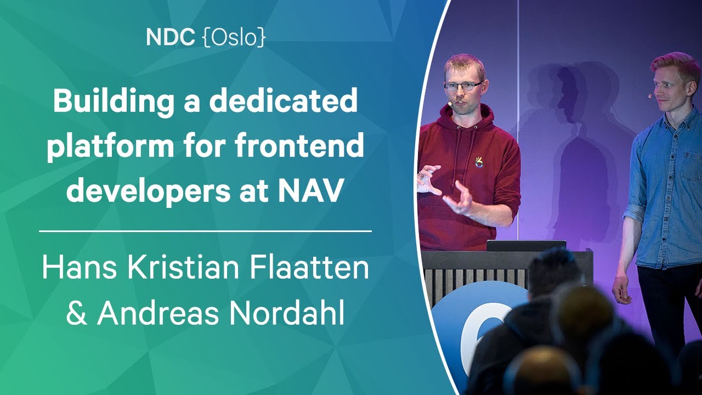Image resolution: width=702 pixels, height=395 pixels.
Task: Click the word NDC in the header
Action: [x=171, y=37]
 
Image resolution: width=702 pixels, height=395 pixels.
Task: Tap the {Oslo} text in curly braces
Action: [x=235, y=38]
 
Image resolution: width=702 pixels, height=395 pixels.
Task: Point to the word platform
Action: [x=110, y=146]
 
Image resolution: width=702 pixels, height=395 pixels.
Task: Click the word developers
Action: [x=148, y=190]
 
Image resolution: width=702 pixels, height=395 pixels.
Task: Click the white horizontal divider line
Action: [x=205, y=232]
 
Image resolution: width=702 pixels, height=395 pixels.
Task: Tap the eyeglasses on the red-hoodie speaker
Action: [x=463, y=86]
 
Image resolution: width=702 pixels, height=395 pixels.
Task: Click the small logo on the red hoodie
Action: [x=478, y=162]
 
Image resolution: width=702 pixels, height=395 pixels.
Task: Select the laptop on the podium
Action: [x=526, y=245]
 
